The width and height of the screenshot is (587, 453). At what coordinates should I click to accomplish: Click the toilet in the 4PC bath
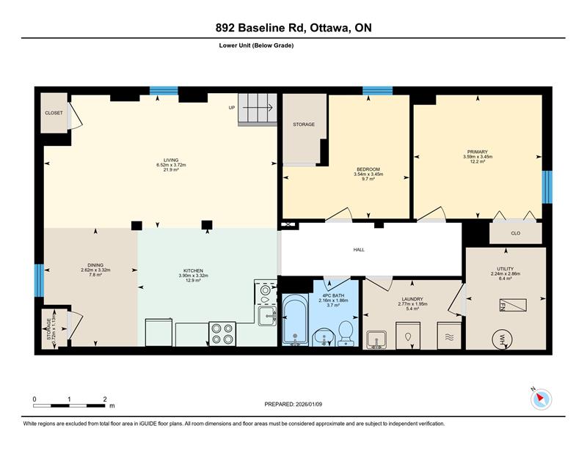coord(346,333)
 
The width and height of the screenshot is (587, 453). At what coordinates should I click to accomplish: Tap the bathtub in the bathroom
coord(296,319)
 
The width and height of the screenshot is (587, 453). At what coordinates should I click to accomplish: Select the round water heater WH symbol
coord(503,339)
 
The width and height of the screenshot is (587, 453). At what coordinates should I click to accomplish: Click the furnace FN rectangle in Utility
coord(512,305)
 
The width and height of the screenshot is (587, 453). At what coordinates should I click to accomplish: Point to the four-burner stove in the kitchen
coord(222,334)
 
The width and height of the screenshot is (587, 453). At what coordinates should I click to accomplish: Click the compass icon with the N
coord(541,399)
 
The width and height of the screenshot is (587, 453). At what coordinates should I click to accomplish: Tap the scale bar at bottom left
coord(70,405)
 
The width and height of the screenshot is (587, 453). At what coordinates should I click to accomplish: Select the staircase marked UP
coord(258,108)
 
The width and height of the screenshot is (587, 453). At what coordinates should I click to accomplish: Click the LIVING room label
coord(171,160)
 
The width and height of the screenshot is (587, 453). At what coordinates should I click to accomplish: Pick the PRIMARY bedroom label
coord(478,152)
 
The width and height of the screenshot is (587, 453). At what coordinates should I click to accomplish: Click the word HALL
coord(359,249)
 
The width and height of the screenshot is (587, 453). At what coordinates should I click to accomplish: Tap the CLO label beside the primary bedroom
coord(516,233)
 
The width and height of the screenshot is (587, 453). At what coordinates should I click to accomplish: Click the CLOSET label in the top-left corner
coord(54,113)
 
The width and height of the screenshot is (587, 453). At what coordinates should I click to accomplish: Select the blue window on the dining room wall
coord(40,281)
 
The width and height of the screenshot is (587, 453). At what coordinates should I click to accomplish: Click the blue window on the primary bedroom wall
coord(547,187)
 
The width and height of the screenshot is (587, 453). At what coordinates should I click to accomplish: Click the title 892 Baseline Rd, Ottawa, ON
coord(293,28)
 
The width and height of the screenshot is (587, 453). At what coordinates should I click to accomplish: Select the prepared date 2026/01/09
coord(309,405)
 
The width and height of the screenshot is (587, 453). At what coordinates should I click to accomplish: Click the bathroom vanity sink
coord(324,337)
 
